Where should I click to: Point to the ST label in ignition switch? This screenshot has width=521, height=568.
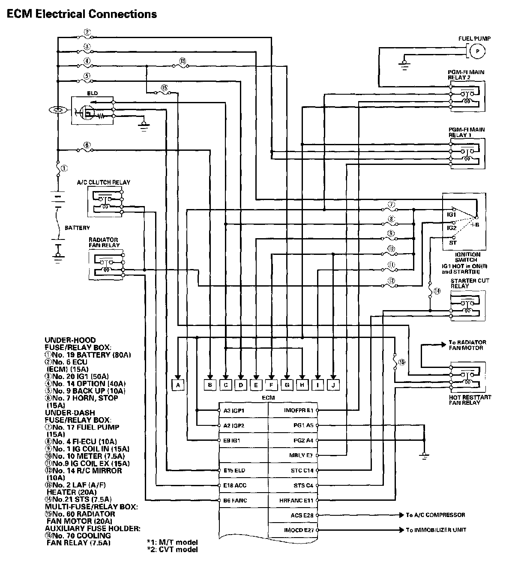click(453, 242)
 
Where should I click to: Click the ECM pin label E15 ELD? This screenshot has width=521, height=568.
click(234, 470)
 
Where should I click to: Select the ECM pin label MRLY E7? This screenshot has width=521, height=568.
click(301, 455)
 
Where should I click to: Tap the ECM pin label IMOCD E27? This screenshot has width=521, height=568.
click(299, 530)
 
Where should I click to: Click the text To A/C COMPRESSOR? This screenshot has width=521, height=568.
click(435, 515)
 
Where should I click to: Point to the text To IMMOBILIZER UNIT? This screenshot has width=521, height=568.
click(436, 530)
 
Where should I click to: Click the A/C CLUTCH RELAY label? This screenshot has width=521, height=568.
click(104, 182)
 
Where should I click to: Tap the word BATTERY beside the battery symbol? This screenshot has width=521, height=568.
click(77, 228)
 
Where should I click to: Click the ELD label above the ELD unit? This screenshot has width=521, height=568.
click(92, 93)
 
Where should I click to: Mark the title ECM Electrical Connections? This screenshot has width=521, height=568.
click(82, 14)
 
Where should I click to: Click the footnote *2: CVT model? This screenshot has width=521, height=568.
click(172, 550)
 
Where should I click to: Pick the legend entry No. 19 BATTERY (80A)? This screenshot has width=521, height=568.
click(88, 355)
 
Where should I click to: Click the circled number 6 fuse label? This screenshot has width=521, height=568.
click(87, 146)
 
